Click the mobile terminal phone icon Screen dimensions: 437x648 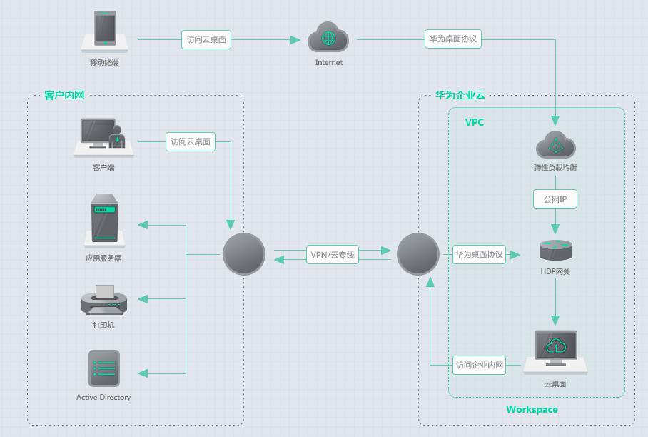pyautogui.click(x=105, y=30)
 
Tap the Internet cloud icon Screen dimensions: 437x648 pyautogui.click(x=328, y=38)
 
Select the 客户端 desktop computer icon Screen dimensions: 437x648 pyautogui.click(x=103, y=136)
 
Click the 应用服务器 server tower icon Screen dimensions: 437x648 pyautogui.click(x=104, y=218)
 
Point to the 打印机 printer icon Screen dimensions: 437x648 pyautogui.click(x=104, y=300)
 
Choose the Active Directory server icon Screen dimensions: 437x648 pyautogui.click(x=104, y=368)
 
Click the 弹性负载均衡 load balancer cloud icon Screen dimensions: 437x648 pyautogui.click(x=555, y=144)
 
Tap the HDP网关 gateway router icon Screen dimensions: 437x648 pyautogui.click(x=555, y=250)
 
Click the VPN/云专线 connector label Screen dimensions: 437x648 pyautogui.click(x=333, y=255)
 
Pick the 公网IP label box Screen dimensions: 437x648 pyautogui.click(x=555, y=199)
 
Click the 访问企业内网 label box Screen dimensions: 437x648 pyautogui.click(x=480, y=366)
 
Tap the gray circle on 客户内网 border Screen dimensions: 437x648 pyautogui.click(x=244, y=254)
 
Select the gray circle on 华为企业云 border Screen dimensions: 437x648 pyautogui.click(x=418, y=254)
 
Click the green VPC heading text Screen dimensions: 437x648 pyautogui.click(x=475, y=122)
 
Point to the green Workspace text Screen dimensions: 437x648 pyautogui.click(x=532, y=409)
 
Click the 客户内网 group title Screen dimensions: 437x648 pyautogui.click(x=64, y=95)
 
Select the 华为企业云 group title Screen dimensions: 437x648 pyautogui.click(x=460, y=95)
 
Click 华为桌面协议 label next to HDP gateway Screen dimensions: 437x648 pyautogui.click(x=480, y=254)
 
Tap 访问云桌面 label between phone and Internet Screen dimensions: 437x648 pyautogui.click(x=206, y=40)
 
